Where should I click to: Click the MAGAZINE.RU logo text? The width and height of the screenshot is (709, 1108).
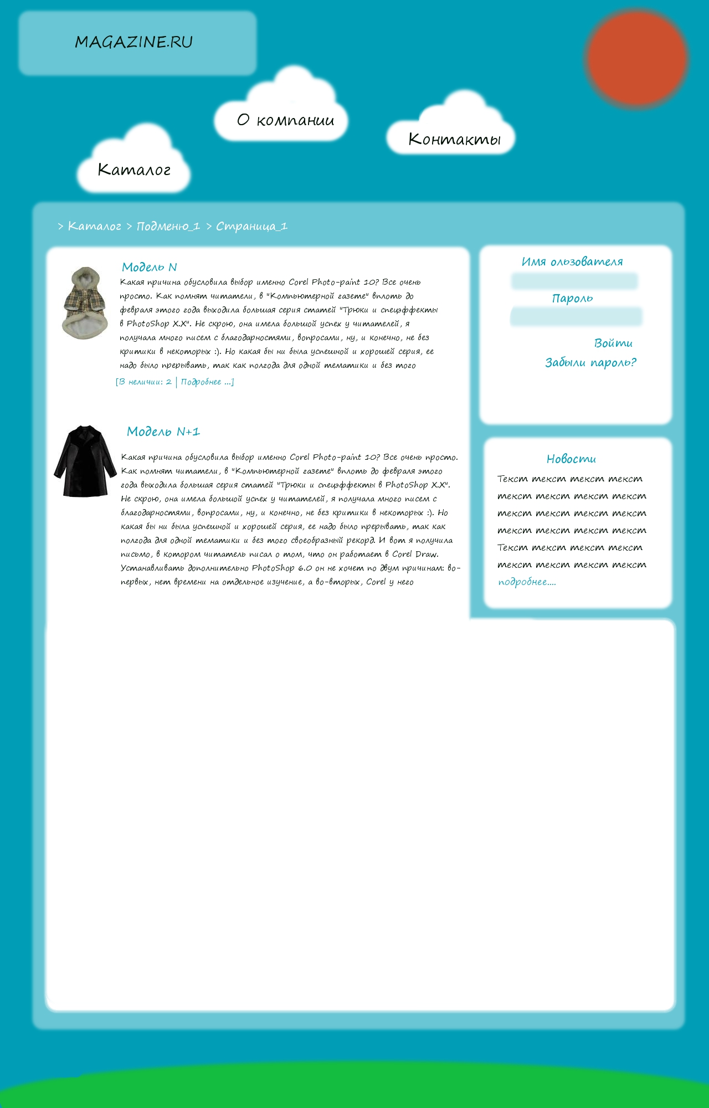point(133,42)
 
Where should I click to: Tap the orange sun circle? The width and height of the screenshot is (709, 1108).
point(636,57)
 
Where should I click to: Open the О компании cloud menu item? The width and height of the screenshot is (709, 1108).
point(285,120)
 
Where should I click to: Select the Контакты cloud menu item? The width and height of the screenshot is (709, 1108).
point(454,139)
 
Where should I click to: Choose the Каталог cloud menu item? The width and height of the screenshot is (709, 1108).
point(134,170)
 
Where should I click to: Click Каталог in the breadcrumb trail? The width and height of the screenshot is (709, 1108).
point(94,226)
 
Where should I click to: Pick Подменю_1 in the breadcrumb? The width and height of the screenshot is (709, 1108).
point(168,226)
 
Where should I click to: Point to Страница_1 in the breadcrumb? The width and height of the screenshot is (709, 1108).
point(251,226)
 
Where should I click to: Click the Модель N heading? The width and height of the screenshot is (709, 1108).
point(149,267)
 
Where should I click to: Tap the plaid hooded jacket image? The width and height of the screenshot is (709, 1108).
point(84,303)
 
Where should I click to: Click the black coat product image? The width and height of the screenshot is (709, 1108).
point(85,461)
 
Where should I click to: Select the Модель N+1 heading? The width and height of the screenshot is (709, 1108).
point(163,432)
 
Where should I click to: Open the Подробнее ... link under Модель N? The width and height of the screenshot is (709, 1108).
point(207,382)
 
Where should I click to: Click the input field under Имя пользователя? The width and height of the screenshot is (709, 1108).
point(574,281)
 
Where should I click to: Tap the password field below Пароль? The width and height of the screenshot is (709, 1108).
point(576,317)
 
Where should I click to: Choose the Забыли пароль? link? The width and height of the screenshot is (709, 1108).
point(590,362)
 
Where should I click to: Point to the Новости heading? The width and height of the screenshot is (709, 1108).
point(571,459)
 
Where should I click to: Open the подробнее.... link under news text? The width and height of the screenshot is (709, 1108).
point(527,582)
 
